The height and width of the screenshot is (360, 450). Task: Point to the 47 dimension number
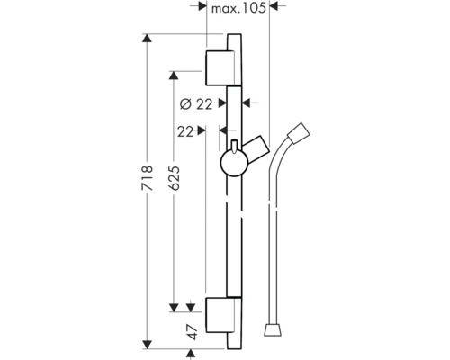point(190,330)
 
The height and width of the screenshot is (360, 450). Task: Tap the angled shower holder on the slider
point(259,148)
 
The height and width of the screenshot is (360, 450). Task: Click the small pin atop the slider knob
point(233,146)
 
